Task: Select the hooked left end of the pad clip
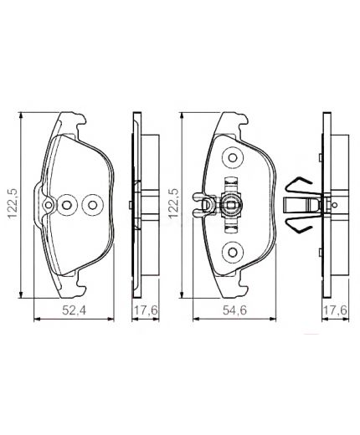pyautogui.click(x=198, y=202)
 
